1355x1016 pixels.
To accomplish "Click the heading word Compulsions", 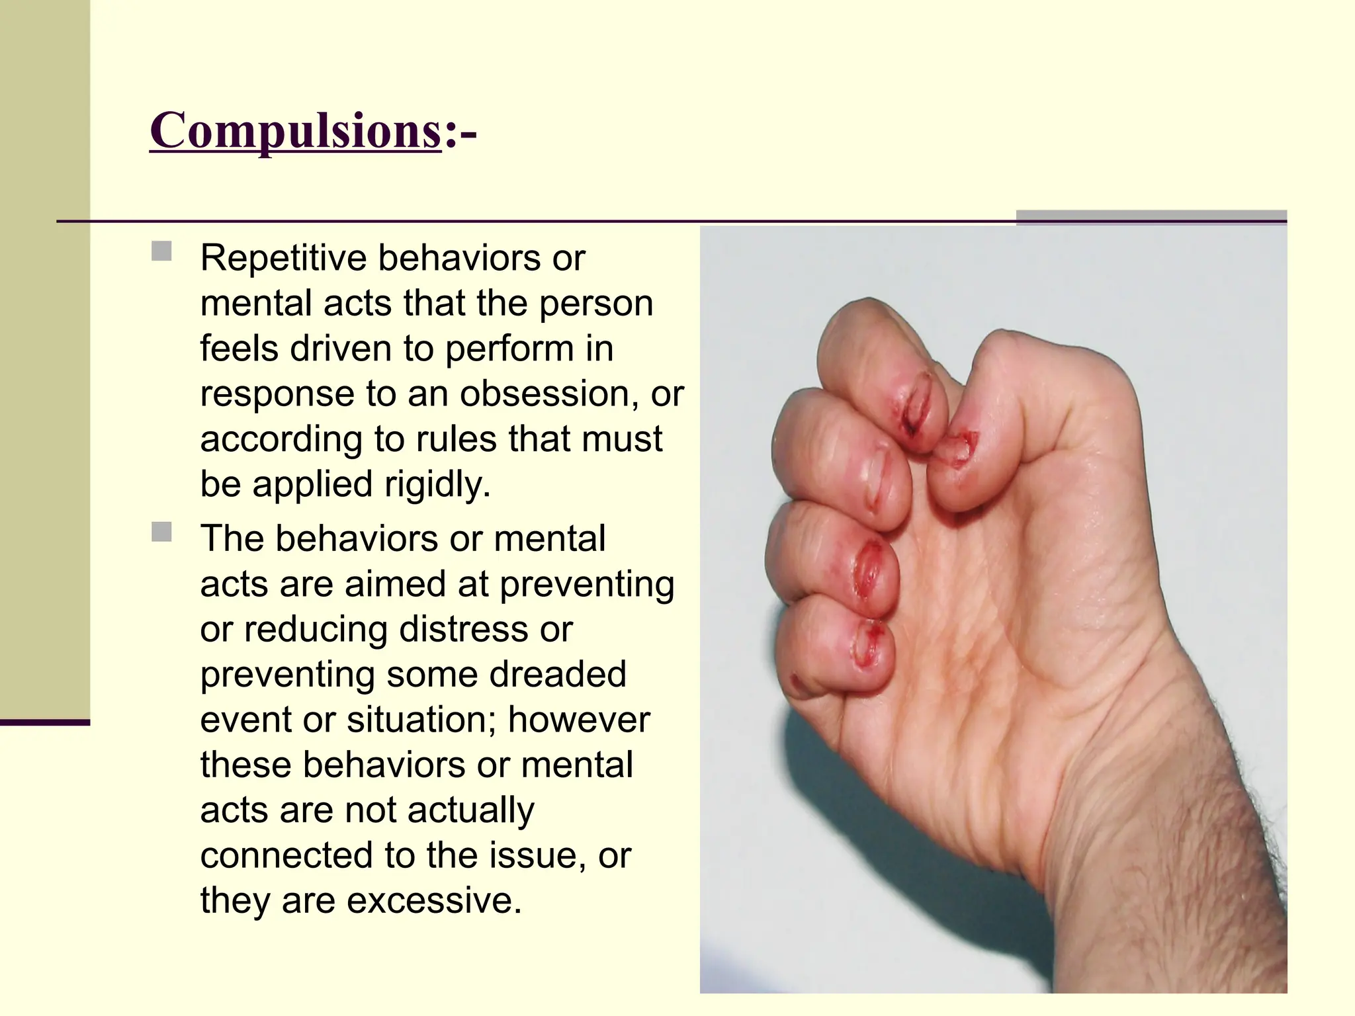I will (295, 131).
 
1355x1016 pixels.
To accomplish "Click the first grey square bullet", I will (161, 251).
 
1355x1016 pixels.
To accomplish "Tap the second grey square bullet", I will (161, 532).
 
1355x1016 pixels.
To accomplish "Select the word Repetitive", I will (283, 258).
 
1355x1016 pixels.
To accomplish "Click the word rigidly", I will (437, 484).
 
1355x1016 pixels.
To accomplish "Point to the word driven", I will (339, 349).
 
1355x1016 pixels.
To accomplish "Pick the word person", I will (596, 304).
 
